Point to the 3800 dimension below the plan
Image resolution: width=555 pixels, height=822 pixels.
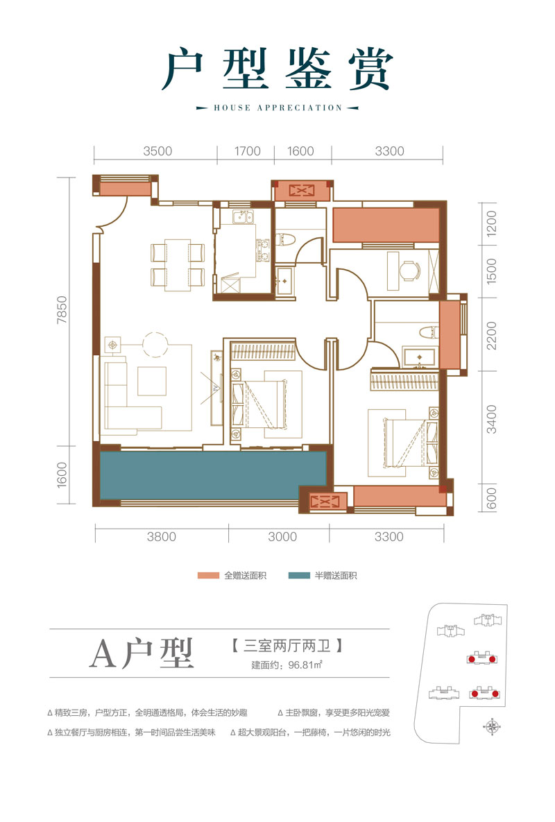click(x=162, y=536)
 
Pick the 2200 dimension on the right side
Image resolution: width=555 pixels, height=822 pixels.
click(x=491, y=336)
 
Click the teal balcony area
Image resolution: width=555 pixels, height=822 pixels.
click(x=212, y=475)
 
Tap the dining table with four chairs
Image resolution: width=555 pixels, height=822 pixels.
click(x=177, y=264)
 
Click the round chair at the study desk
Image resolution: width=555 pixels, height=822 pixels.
click(x=412, y=271)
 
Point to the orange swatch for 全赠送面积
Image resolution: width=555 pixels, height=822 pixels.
click(x=208, y=576)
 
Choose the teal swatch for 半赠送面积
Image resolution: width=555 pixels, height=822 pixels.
click(x=299, y=576)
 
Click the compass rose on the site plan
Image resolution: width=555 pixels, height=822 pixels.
click(x=493, y=727)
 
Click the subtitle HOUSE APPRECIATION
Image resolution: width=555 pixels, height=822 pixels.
click(x=277, y=108)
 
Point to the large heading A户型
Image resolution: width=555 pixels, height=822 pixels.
click(x=143, y=652)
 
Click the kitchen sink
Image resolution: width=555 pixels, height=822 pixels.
click(x=244, y=216)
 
